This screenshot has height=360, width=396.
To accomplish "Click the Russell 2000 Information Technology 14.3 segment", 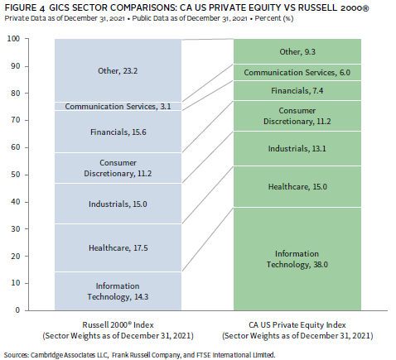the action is (x=118, y=291).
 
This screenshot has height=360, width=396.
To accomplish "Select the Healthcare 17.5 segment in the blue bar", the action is (x=118, y=247).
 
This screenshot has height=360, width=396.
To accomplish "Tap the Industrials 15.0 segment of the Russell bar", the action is (x=118, y=204).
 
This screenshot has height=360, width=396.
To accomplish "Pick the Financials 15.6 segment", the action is (x=118, y=132).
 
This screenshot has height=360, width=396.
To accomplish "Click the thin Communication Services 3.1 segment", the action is (x=118, y=106).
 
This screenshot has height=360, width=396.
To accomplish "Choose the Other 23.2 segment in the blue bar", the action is (x=118, y=70).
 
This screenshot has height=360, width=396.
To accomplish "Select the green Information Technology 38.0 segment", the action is (x=297, y=259).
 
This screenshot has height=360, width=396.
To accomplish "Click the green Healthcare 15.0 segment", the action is (x=297, y=186).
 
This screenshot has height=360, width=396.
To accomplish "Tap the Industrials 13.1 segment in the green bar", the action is (x=297, y=148).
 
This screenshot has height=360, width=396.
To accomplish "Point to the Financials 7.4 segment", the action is (x=297, y=90).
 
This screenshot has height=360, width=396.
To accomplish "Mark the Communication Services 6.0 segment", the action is (x=297, y=72).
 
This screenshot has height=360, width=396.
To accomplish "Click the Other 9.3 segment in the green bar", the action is (x=297, y=51).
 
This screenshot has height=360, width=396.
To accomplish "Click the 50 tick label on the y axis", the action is (x=16, y=175).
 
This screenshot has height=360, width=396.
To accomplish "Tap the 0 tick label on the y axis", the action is (x=17, y=310).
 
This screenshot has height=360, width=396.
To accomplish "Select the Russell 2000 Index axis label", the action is (x=118, y=330).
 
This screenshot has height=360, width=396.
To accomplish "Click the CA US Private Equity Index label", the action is (x=297, y=330).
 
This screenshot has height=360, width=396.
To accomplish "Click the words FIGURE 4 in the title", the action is (x=24, y=7).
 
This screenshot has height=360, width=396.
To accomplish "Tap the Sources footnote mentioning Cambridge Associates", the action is (x=139, y=355).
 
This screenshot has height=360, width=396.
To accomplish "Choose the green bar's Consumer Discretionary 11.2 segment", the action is (x=297, y=116).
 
